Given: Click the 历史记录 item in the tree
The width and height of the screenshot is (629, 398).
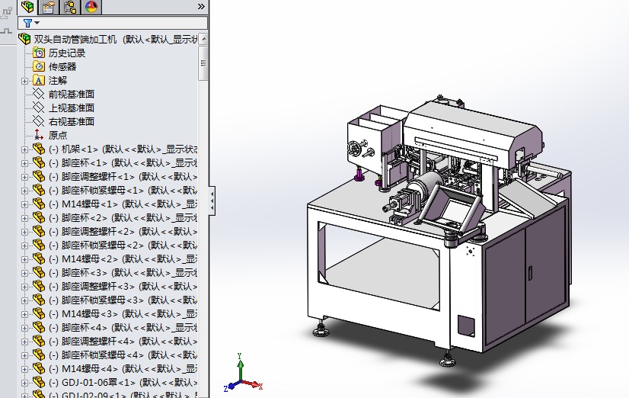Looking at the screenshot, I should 67,53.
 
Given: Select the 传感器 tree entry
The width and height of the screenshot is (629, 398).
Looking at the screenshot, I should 62,66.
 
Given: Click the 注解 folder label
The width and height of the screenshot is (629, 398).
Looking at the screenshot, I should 58,80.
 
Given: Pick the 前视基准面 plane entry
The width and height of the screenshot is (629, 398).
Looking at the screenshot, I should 72,94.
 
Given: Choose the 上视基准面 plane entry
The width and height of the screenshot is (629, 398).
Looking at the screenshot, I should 72,108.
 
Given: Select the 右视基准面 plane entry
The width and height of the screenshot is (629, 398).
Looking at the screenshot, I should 72,121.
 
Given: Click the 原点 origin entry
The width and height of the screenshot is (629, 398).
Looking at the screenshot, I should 58,135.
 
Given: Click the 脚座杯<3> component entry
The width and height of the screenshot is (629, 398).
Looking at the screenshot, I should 85,272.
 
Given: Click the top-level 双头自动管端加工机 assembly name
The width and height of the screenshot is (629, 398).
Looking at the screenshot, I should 75,39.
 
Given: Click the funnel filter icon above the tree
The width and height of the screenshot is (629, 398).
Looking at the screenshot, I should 27,23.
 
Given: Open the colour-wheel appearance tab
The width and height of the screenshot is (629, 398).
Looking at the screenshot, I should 91,7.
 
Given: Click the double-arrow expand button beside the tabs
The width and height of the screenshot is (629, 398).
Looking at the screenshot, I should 201,6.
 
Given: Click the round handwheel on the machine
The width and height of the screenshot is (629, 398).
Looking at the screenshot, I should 356,148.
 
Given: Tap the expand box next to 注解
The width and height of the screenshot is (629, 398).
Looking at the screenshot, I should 24,80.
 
